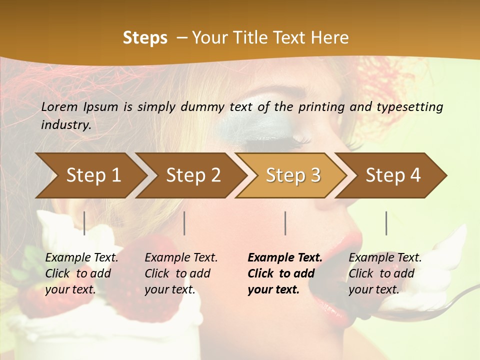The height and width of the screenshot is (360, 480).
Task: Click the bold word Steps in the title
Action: tap(145, 38)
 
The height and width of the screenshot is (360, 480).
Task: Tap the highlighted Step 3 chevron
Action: tap(293, 175)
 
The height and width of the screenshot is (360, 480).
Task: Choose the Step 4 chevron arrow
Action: tap(393, 175)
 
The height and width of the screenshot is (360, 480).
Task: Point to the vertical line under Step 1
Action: tap(84, 223)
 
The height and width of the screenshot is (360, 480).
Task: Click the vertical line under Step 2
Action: tap(184, 223)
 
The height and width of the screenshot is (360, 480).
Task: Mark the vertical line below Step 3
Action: tap(285, 223)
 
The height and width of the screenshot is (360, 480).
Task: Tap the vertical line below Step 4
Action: tap(386, 223)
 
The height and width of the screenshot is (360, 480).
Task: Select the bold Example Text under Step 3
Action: tap(284, 273)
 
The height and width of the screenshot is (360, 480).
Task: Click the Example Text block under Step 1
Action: tap(81, 273)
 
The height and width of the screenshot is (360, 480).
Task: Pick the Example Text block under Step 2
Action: tap(181, 273)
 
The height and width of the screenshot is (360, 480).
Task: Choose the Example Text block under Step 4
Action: tap(385, 273)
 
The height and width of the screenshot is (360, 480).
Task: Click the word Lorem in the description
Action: tap(59, 107)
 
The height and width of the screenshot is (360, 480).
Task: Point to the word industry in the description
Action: tap(65, 125)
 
